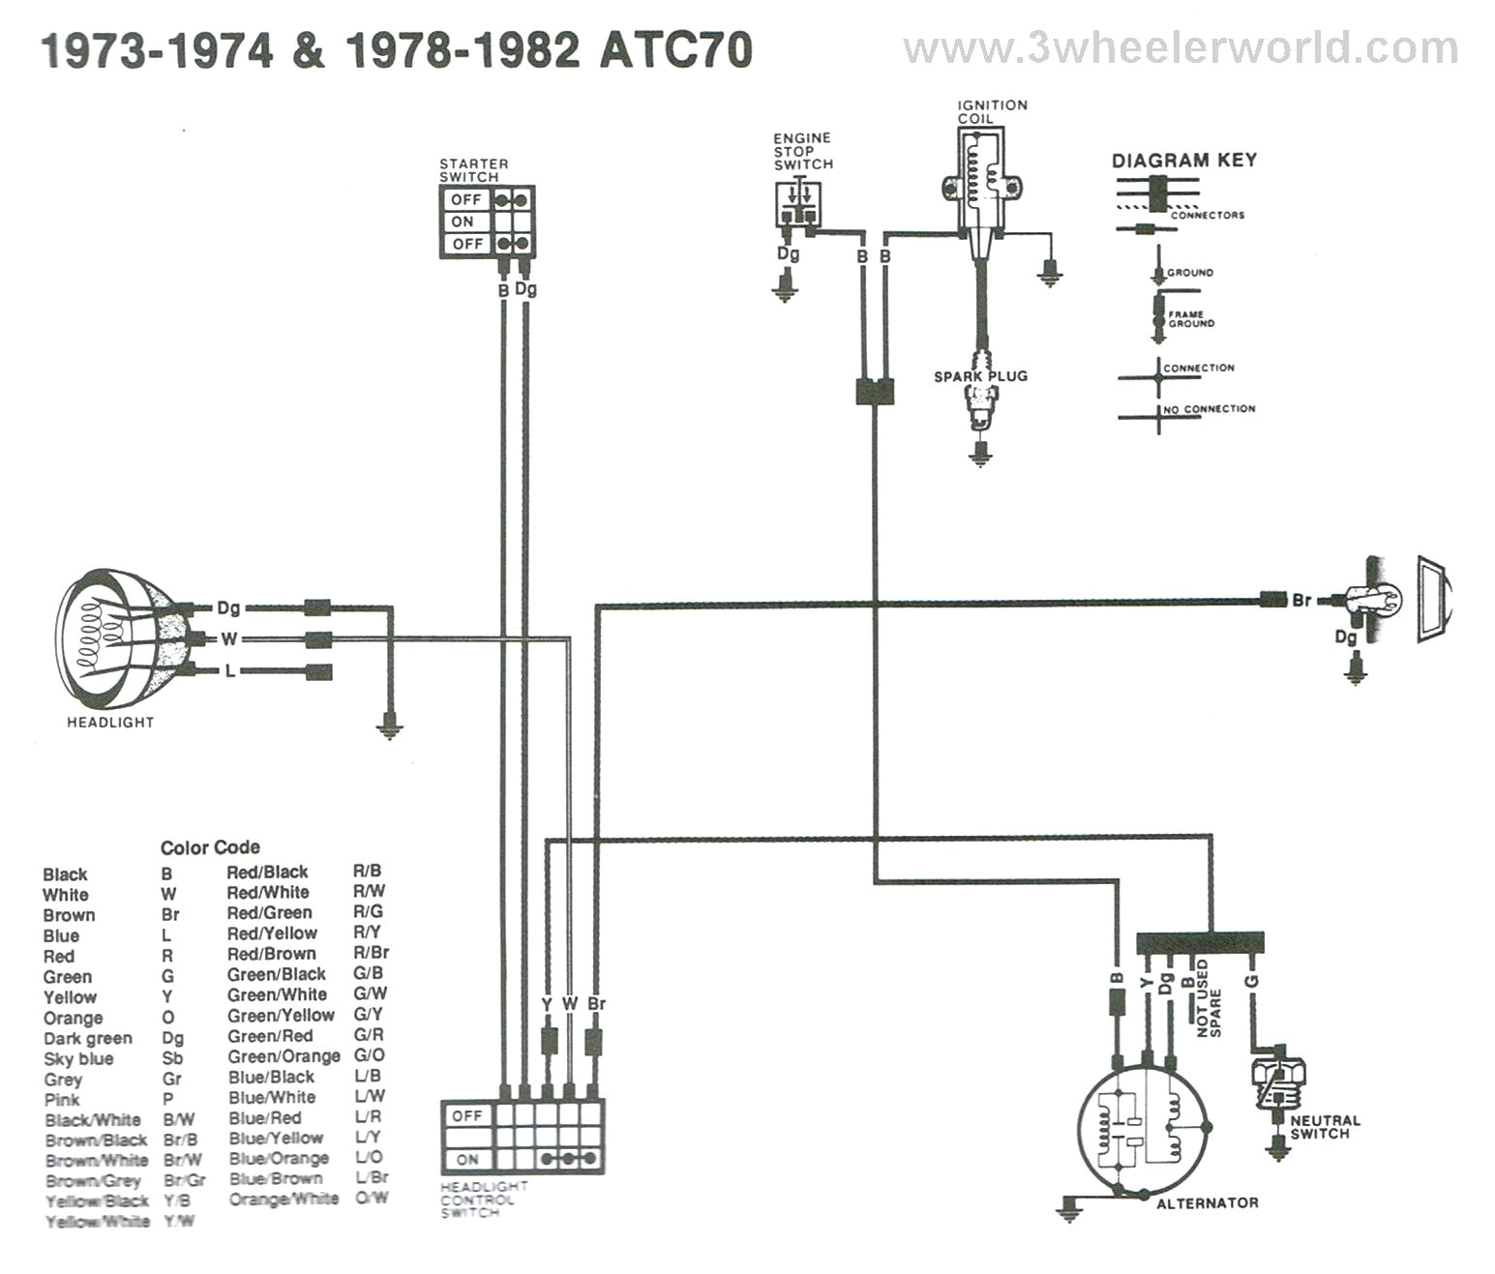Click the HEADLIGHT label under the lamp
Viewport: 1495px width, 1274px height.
click(x=110, y=722)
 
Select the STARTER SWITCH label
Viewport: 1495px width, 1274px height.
click(x=473, y=170)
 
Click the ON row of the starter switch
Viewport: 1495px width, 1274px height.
click(x=463, y=222)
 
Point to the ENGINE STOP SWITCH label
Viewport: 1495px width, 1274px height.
click(x=802, y=151)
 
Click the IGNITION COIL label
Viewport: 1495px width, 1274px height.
click(x=992, y=111)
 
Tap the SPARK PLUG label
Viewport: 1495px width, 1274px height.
click(x=980, y=376)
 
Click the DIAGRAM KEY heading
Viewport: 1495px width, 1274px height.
click(x=1183, y=161)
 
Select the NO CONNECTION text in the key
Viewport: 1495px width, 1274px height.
click(x=1210, y=409)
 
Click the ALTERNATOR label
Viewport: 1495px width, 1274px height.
click(x=1208, y=1203)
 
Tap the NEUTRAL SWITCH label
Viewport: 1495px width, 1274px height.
click(x=1325, y=1127)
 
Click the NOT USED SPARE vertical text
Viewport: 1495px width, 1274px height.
click(x=1209, y=999)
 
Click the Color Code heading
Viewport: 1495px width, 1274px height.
click(x=210, y=847)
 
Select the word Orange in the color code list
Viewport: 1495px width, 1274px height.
click(x=73, y=1018)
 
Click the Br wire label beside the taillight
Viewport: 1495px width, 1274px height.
click(x=1301, y=600)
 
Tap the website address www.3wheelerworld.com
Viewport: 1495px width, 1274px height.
click(x=1180, y=48)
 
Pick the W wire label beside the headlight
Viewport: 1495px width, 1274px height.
click(x=229, y=639)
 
